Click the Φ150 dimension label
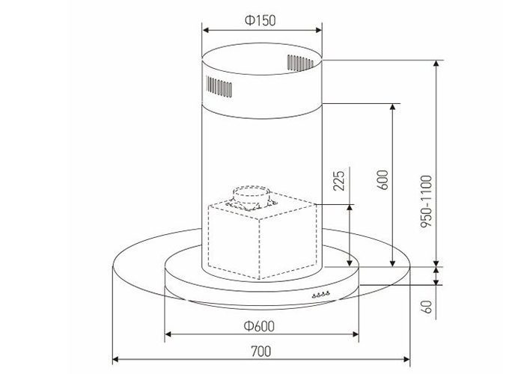click(262, 20)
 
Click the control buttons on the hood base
click(321, 295)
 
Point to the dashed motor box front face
click(236, 243)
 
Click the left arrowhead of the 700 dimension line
click(115, 358)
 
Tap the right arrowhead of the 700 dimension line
click(407, 358)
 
